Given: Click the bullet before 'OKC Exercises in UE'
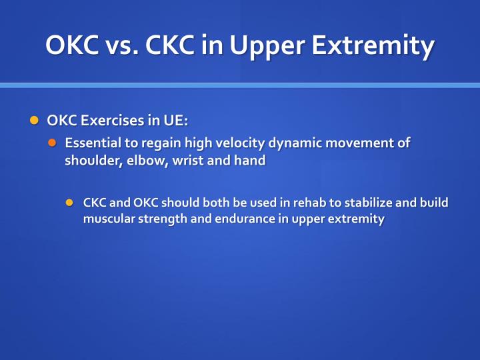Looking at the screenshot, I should (35, 121).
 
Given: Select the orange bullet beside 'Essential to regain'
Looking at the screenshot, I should (53, 143).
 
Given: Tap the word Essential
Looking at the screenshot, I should (90, 143).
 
